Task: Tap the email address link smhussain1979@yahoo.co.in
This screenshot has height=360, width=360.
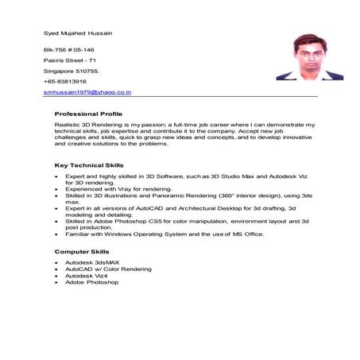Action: (x=87, y=93)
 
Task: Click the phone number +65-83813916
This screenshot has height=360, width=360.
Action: (x=68, y=82)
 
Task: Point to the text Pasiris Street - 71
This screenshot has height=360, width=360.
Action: (x=70, y=60)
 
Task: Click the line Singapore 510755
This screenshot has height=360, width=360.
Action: (x=72, y=71)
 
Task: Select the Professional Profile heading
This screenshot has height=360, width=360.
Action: (x=88, y=114)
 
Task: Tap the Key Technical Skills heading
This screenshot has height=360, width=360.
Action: (x=88, y=165)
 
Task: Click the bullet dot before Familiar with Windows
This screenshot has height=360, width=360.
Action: (x=56, y=235)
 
